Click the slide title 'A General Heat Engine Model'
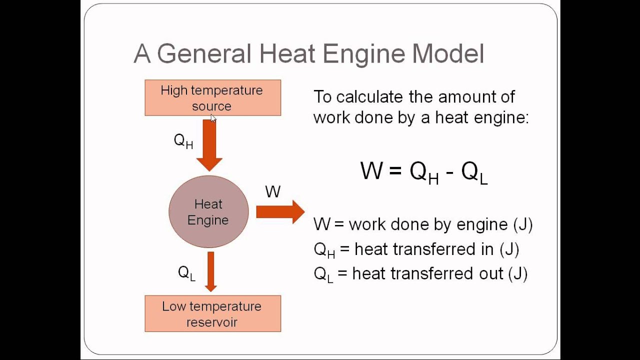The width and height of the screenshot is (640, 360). (308, 54)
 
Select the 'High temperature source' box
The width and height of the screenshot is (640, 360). (212, 97)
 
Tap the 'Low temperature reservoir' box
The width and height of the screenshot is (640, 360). (212, 313)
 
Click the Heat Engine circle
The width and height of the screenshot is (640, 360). (208, 212)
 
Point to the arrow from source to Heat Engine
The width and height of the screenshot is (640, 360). (209, 145)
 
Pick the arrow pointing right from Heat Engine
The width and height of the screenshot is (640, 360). (280, 212)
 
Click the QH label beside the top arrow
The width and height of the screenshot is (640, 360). (183, 141)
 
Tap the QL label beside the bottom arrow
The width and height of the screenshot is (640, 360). (186, 273)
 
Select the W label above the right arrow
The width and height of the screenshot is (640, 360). (272, 191)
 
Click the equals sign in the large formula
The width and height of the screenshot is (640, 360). (395, 171)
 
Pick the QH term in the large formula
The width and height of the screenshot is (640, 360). (424, 172)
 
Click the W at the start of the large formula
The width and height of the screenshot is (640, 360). (371, 171)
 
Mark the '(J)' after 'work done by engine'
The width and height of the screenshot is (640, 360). (523, 224)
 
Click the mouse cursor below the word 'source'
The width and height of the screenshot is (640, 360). (213, 118)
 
